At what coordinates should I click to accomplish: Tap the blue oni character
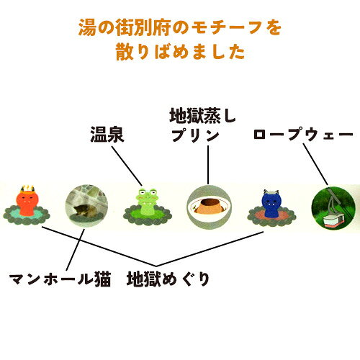(271, 204)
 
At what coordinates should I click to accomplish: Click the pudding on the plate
(209, 206)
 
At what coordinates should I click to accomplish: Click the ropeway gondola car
(333, 220)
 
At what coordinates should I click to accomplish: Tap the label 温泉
(107, 135)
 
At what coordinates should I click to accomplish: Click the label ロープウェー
(303, 135)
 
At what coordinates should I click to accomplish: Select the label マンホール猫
(60, 279)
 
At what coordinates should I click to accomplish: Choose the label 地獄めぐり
(168, 279)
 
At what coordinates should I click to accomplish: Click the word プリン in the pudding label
(195, 135)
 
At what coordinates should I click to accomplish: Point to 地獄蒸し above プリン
(202, 116)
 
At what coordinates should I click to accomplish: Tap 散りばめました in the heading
(181, 52)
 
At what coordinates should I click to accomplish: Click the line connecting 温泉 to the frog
(127, 166)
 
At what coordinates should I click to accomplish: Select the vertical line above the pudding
(208, 165)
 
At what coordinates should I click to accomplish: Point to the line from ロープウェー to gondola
(315, 164)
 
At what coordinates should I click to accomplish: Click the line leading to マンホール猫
(76, 250)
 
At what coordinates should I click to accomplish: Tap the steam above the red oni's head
(27, 188)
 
